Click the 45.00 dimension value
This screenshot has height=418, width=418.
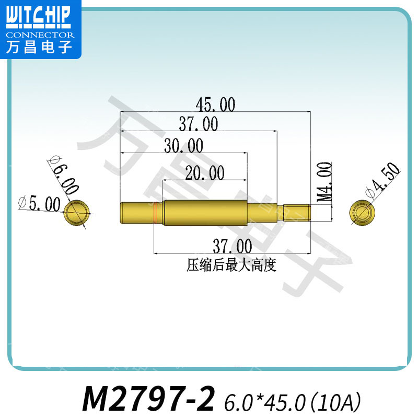[x=215, y=104]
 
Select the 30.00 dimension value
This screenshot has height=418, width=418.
[x=183, y=145]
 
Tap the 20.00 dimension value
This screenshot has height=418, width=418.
[x=204, y=172]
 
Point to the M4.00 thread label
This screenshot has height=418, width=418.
[x=325, y=182]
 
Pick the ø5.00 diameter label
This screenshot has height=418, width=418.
[x=39, y=203]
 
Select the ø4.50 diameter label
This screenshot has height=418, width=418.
[x=383, y=180]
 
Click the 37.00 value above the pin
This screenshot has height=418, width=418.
[x=199, y=124]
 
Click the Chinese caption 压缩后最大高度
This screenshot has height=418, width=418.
[x=231, y=265]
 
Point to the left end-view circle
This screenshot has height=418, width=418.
[x=78, y=213]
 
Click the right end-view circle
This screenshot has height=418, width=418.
[x=362, y=212]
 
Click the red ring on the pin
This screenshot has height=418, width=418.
[x=156, y=214]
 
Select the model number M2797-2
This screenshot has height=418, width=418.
[x=149, y=400]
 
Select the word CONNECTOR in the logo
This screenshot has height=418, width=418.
[x=40, y=36]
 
